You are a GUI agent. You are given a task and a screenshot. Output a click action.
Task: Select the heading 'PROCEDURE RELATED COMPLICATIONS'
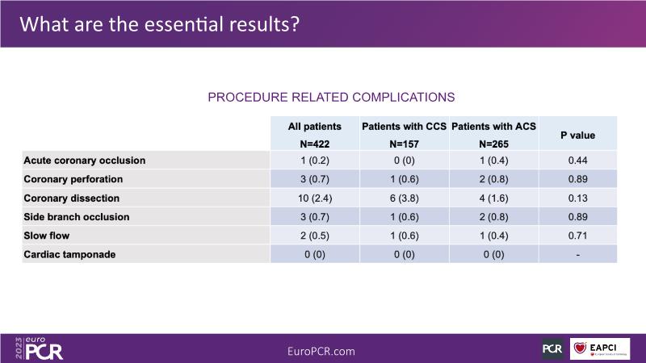(x=331, y=97)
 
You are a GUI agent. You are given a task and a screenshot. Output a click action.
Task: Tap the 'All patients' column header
(x=315, y=127)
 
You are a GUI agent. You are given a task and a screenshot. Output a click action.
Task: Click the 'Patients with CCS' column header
(x=404, y=127)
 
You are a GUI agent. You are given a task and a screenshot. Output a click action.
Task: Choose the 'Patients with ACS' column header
(x=493, y=127)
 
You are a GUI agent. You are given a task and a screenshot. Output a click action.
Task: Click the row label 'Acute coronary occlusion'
(x=85, y=161)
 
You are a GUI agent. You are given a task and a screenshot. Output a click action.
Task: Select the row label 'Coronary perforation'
(x=73, y=179)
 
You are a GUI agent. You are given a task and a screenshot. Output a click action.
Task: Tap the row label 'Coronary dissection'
(x=72, y=198)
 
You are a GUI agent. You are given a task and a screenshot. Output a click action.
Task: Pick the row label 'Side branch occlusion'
(x=77, y=217)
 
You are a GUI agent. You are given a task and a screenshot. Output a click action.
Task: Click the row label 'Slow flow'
(x=47, y=236)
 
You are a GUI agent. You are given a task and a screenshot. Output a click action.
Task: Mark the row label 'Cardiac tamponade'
(x=69, y=254)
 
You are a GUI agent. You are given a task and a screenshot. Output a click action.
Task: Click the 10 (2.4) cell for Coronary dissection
(x=315, y=198)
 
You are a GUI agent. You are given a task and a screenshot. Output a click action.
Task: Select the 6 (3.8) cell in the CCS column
(x=404, y=198)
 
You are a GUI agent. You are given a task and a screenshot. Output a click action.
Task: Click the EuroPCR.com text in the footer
(x=321, y=351)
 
